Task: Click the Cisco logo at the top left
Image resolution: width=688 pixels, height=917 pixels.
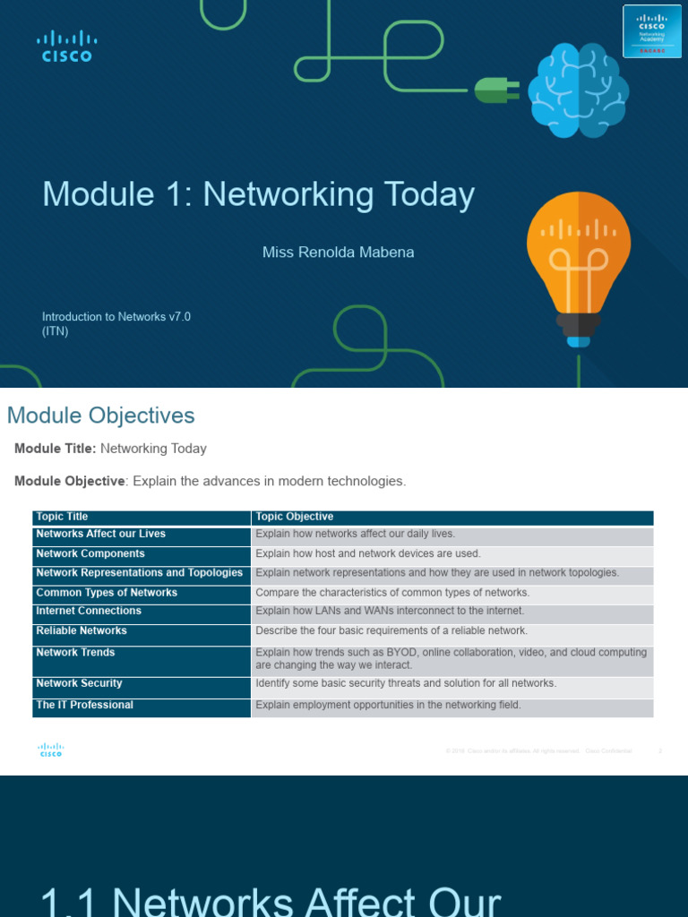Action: (x=66, y=46)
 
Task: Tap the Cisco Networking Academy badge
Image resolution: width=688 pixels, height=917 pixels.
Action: (x=650, y=35)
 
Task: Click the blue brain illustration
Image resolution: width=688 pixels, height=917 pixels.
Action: (x=578, y=91)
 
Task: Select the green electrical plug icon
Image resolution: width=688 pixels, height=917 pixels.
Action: (x=492, y=89)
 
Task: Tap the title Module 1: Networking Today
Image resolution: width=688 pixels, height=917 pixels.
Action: (x=258, y=194)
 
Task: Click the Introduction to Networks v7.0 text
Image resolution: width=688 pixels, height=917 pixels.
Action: (x=116, y=316)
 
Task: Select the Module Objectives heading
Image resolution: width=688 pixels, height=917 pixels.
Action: (x=100, y=416)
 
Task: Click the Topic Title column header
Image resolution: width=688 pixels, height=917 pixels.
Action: (x=62, y=517)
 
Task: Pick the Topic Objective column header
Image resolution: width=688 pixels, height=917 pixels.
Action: (x=295, y=517)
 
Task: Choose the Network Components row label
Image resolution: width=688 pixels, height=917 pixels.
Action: (x=90, y=554)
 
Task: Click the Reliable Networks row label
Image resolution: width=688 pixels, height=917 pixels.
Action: (x=82, y=631)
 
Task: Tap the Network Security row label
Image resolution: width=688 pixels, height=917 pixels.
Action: (x=79, y=683)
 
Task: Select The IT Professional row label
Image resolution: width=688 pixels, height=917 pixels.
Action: (x=84, y=705)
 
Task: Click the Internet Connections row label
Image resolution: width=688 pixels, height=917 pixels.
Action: (x=89, y=611)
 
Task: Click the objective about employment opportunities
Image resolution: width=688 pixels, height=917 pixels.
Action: (x=388, y=705)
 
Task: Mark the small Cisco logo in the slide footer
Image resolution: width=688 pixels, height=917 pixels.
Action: (x=50, y=750)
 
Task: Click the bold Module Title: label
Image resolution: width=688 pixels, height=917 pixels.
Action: (x=56, y=449)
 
